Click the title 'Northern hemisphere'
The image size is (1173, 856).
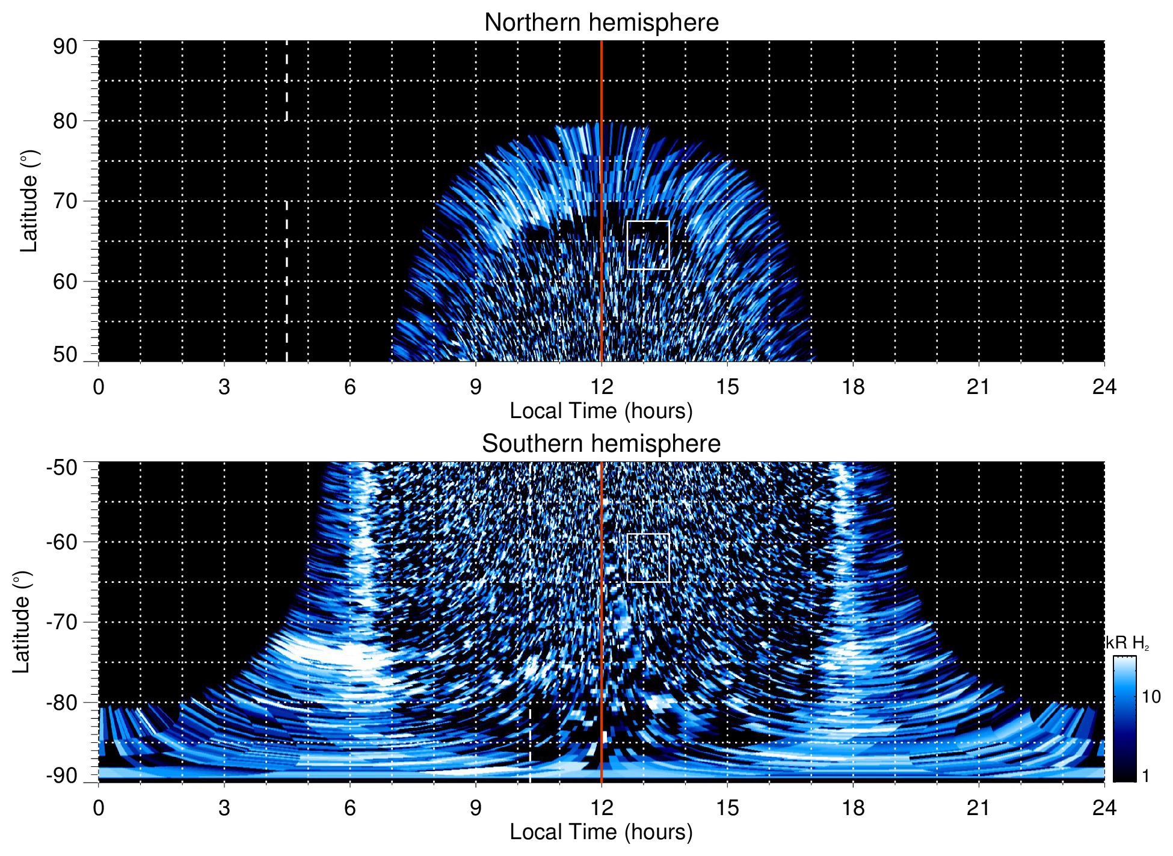click(x=601, y=23)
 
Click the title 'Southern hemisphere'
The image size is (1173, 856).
click(x=601, y=444)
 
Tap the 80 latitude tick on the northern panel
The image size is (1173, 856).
click(x=65, y=121)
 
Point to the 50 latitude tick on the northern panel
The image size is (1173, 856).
click(x=65, y=355)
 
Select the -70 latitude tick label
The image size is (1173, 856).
click(x=62, y=622)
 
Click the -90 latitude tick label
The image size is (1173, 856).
click(x=62, y=776)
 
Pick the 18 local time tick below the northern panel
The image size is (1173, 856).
click(x=853, y=387)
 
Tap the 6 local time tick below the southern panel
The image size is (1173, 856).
click(x=349, y=808)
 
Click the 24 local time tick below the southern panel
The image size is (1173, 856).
click(x=1104, y=808)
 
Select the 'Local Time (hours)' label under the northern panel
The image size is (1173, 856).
click(x=601, y=411)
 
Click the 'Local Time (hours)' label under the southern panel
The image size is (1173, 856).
click(x=601, y=832)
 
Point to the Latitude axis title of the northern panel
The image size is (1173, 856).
click(x=28, y=201)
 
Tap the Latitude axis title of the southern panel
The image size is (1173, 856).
click(x=21, y=622)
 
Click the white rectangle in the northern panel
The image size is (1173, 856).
click(x=648, y=245)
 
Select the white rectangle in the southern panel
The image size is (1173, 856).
click(x=648, y=558)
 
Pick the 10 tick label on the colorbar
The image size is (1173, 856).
click(x=1151, y=697)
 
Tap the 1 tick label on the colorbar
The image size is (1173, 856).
click(x=1145, y=776)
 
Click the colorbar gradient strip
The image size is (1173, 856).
click(x=1124, y=719)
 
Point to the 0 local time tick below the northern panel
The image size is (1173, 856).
click(x=99, y=387)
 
